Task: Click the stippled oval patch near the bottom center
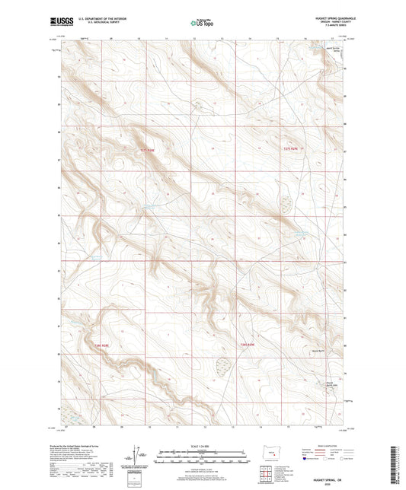click(225, 367)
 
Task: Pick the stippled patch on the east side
click(287, 203)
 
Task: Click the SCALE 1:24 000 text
click(201, 445)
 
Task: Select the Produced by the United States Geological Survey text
click(89, 444)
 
